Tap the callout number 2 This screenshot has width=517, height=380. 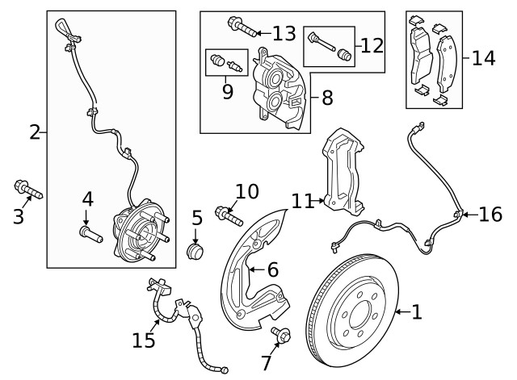[34, 132]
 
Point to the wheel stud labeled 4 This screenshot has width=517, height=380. [88, 234]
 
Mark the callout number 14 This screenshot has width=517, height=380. [483, 58]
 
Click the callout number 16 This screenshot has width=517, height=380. [490, 214]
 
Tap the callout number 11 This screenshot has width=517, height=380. [301, 200]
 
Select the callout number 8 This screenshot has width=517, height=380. [326, 98]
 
